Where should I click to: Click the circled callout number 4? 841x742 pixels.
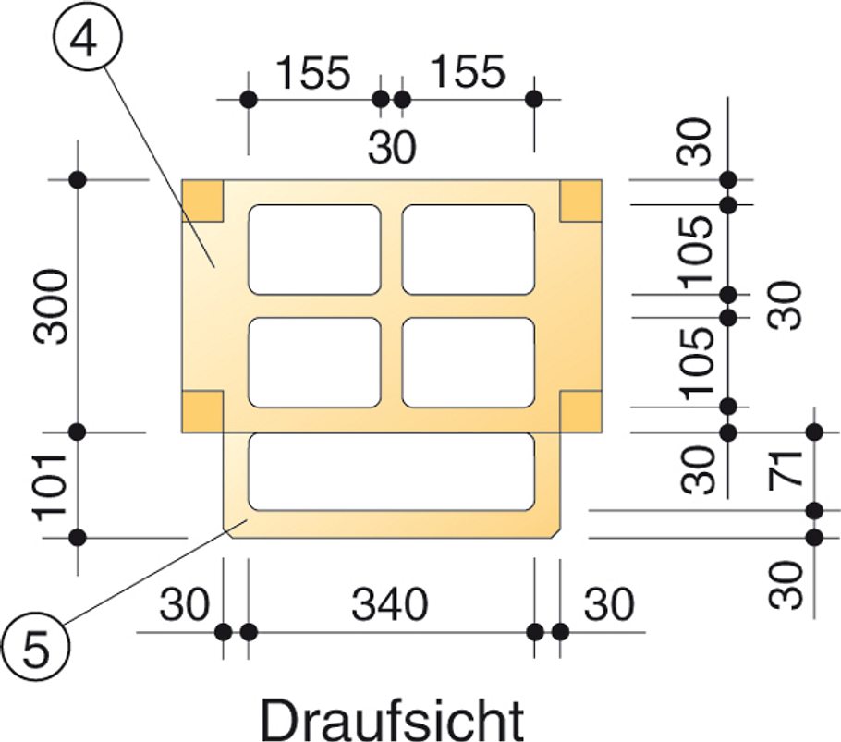88,36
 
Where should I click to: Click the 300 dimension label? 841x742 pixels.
52,307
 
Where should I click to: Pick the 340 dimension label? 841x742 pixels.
390,604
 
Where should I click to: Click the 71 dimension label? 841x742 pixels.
786,470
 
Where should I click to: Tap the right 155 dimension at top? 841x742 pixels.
469,71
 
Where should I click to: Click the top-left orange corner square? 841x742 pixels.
202,201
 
